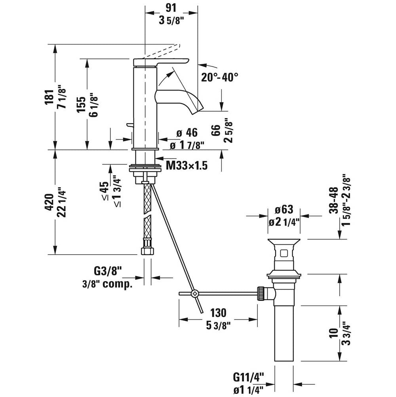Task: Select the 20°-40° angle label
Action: pos(219,77)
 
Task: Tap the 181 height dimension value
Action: pos(49,96)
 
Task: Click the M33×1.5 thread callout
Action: pos(187,165)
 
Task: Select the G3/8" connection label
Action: pos(107,271)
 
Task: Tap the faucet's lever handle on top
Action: pos(160,61)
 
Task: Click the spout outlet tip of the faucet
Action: pos(197,109)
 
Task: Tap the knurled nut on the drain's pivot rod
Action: pos(262,293)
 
